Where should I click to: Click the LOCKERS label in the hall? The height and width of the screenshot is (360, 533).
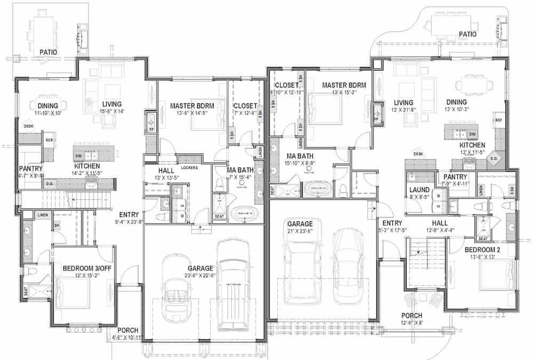click(189, 167)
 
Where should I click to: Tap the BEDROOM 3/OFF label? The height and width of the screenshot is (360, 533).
click(87, 268)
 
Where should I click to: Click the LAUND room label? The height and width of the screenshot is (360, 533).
click(420, 189)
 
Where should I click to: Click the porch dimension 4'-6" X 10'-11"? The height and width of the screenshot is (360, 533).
click(128, 338)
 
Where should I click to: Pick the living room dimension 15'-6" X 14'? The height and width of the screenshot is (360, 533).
click(112, 111)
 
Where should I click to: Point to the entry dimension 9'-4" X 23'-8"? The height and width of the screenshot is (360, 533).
click(130, 222)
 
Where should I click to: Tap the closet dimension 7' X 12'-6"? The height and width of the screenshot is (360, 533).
click(245, 114)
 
